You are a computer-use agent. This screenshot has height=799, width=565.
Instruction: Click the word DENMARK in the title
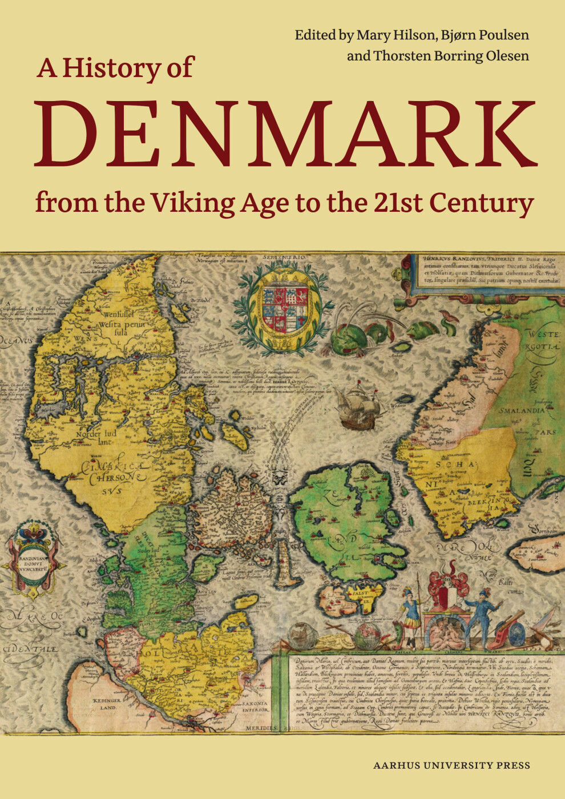click(285, 135)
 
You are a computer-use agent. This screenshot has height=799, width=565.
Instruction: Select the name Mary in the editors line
click(373, 35)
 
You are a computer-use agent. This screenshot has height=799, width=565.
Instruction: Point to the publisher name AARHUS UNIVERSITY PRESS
click(451, 766)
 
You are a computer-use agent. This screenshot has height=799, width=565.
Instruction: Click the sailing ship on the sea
click(357, 406)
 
